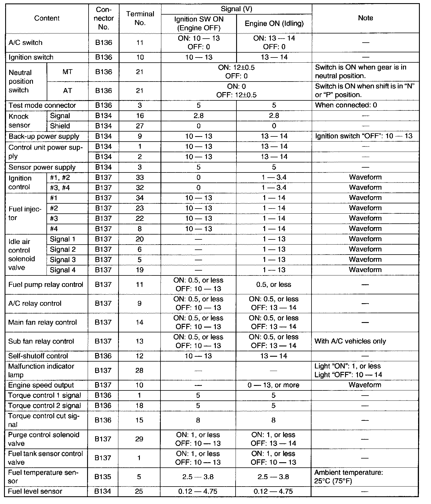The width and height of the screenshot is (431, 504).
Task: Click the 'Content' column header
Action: click(47, 18)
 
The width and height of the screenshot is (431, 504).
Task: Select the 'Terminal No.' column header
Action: click(140, 18)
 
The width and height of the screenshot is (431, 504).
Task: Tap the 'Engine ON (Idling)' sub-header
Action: click(274, 23)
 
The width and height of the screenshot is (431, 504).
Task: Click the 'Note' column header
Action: click(365, 18)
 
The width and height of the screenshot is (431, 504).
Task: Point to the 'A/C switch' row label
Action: click(26, 43)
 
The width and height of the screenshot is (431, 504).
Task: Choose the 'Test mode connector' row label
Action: click(42, 105)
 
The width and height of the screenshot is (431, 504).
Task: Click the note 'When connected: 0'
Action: click(346, 105)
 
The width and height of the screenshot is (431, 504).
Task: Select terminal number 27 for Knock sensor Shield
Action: click(140, 126)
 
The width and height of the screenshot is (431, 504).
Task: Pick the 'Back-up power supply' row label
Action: click(44, 136)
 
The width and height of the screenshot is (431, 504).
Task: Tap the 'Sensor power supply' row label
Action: click(42, 167)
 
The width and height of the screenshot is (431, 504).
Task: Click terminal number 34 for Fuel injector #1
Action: click(140, 198)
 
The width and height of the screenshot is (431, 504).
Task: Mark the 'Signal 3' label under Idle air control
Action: click(63, 260)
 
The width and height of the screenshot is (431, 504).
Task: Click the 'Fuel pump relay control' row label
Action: click(46, 285)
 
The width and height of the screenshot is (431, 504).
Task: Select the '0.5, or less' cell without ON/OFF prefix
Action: click(274, 285)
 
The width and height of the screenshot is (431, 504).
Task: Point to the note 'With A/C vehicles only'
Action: click(350, 341)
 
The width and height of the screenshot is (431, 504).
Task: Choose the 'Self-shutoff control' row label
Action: click(38, 356)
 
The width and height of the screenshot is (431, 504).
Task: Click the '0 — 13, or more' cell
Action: click(273, 385)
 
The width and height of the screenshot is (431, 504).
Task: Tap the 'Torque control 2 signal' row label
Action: click(44, 406)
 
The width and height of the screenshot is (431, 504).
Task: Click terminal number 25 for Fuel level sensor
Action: click(139, 491)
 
